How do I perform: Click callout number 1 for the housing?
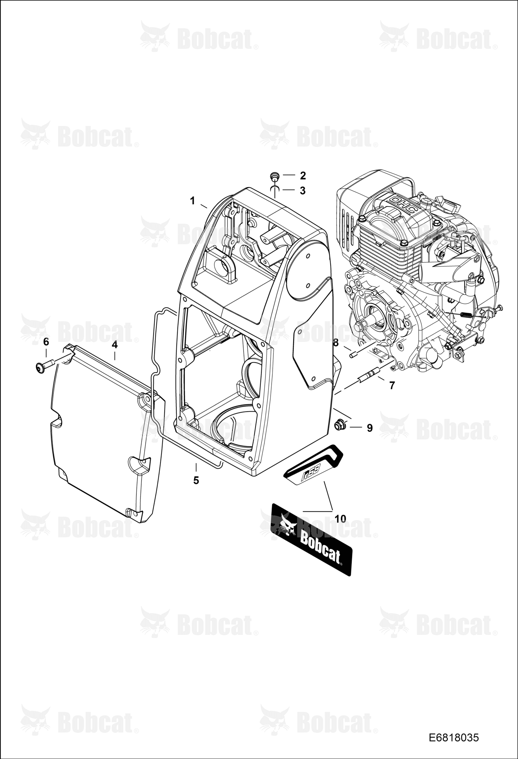[x=193, y=201]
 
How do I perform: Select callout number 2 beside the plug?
[x=303, y=175]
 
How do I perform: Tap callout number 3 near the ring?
[x=303, y=190]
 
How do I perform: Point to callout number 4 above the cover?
[x=114, y=345]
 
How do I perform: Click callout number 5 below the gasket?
[x=196, y=480]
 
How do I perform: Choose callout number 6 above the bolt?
[x=46, y=342]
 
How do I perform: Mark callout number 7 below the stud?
[x=392, y=385]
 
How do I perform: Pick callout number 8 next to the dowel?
[x=335, y=343]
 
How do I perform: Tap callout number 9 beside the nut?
[x=370, y=428]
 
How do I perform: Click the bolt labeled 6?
[x=45, y=365]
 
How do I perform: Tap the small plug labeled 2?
[x=275, y=176]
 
